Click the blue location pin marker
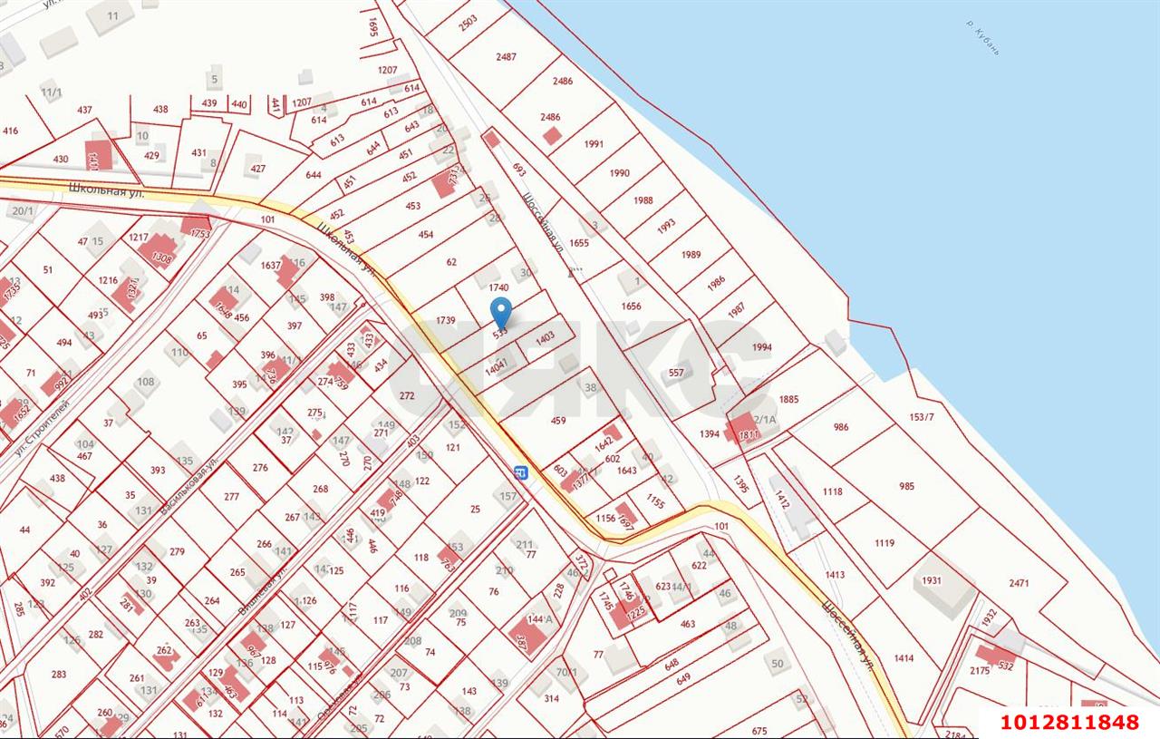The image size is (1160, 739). point(500,313)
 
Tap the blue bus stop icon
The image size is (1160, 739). point(520,472)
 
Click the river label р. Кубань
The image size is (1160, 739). point(982,37)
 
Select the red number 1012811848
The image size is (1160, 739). point(1069,723)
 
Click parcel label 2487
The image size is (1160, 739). point(507,57)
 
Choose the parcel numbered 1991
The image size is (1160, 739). point(594,144)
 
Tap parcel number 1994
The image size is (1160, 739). point(761,347)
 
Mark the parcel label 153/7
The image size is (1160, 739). point(921,417)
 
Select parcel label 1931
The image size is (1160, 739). point(932,580)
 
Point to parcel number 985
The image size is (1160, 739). point(906,486)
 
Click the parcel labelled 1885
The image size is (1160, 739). point(788,399)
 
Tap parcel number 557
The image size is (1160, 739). point(676,373)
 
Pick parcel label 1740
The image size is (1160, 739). point(499,287)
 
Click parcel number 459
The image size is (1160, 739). point(558,420)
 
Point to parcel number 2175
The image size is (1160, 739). point(980,670)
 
